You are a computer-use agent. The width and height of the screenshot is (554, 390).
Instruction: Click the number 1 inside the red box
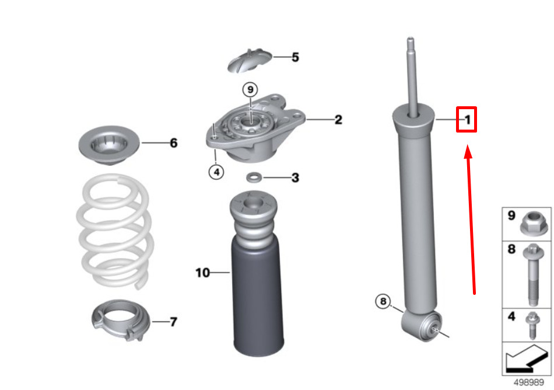[x=468, y=120]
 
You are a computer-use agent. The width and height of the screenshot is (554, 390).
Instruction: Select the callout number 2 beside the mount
[x=338, y=120]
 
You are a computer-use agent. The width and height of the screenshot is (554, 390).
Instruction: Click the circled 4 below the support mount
[x=216, y=172]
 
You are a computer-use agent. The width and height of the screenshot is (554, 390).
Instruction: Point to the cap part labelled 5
[x=250, y=61]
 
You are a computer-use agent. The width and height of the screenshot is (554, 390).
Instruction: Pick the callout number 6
[x=173, y=143]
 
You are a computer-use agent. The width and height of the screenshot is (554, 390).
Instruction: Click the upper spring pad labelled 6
[x=109, y=145]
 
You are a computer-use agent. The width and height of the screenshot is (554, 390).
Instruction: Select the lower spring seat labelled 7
[x=121, y=320]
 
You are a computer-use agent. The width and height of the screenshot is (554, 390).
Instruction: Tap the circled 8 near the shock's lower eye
[x=383, y=302]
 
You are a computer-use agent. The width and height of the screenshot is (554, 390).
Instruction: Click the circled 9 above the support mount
[x=250, y=89]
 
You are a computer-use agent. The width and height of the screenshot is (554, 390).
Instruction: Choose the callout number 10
[x=202, y=273]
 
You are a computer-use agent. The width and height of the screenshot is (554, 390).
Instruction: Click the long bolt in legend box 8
[x=534, y=274]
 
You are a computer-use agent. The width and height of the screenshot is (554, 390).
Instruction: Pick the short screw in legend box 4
[x=532, y=325]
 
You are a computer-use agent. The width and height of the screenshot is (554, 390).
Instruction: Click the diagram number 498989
[x=528, y=382]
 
